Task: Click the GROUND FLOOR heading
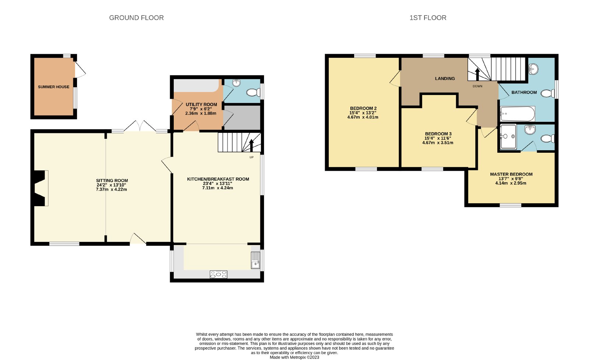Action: click(136, 18)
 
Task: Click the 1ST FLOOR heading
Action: click(428, 18)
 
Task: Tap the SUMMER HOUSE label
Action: click(54, 87)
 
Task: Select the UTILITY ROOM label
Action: click(201, 105)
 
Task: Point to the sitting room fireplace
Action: click(40, 188)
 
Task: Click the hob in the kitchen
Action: click(218, 274)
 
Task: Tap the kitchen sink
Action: click(255, 260)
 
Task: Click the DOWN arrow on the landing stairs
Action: click(477, 74)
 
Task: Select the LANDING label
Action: click(445, 78)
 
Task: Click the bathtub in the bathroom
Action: click(518, 114)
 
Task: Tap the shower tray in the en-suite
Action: click(508, 137)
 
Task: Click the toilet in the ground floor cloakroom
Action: click(253, 92)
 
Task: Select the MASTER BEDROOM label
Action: click(511, 174)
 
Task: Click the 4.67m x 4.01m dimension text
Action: click(363, 117)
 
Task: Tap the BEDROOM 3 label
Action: click(438, 134)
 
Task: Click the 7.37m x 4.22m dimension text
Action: click(112, 189)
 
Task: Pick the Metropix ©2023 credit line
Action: click(294, 357)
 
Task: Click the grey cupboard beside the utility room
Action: click(242, 117)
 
